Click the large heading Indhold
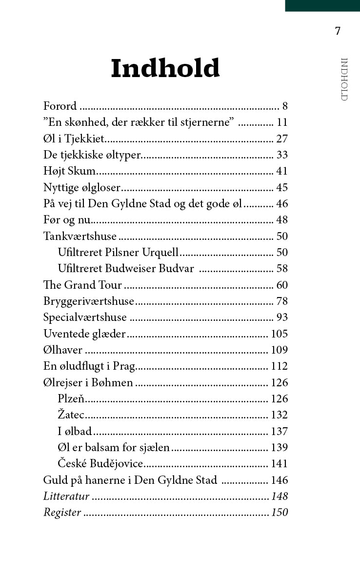point(165,69)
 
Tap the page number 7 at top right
point(338,31)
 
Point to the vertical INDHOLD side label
point(344,79)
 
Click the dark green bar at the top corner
point(322,5)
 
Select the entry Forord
point(60,106)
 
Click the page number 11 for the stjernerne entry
point(282,122)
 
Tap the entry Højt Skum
point(70,171)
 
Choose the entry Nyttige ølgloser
point(81,187)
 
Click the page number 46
point(282,204)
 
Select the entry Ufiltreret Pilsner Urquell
point(118,253)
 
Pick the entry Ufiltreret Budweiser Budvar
point(125,269)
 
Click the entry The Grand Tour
point(82,285)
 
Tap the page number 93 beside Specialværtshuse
point(282,318)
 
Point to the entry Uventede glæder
point(84,334)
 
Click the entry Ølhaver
point(63,350)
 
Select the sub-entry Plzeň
point(71,399)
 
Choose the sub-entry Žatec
point(71,415)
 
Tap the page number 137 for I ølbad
point(280,432)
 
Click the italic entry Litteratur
point(66,497)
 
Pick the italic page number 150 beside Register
point(280,513)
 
